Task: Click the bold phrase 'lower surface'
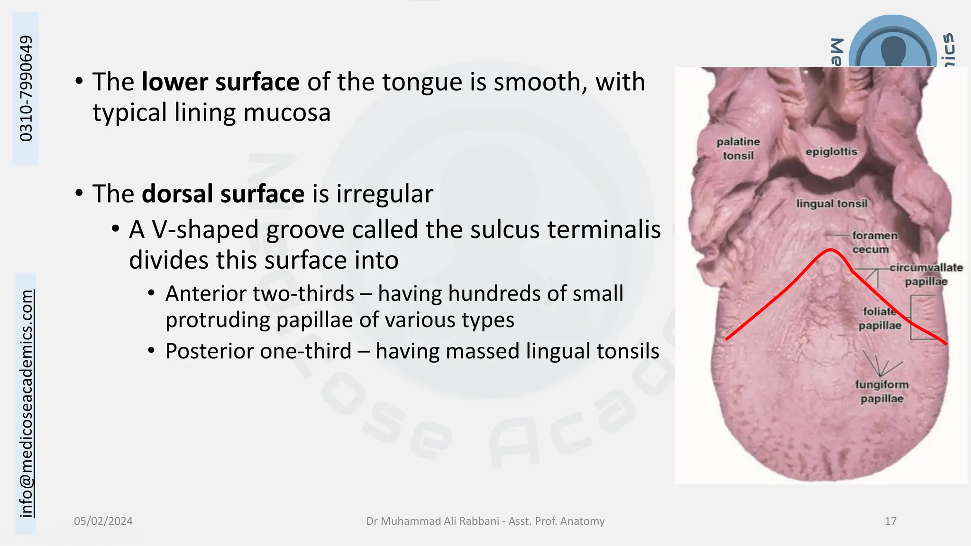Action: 220,82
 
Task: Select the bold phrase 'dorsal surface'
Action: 223,194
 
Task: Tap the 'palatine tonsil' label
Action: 738,148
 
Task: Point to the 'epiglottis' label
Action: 831,152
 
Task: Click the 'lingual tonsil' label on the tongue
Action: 832,204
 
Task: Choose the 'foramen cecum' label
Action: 874,242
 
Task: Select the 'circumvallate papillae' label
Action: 925,274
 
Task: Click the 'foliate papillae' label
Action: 879,318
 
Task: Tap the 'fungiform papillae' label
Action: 882,391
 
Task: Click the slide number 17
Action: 890,521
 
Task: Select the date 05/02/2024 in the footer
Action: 103,521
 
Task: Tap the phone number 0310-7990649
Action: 26,88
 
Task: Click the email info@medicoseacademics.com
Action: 27,403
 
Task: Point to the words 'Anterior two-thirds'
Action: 259,294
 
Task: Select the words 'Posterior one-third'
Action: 258,352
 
